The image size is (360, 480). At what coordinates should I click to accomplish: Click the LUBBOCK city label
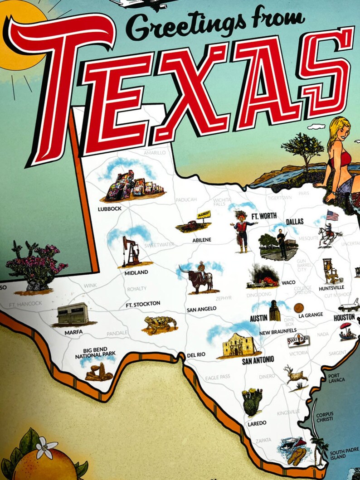(110, 209)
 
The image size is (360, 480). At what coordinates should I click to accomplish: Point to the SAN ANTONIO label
(258, 360)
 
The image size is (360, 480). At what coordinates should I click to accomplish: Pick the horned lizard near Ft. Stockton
(159, 325)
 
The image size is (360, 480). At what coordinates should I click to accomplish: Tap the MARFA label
(73, 332)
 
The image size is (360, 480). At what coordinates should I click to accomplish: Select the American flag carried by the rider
(332, 215)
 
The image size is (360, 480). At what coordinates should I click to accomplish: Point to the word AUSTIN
(258, 318)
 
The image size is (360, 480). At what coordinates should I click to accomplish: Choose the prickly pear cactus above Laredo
(252, 401)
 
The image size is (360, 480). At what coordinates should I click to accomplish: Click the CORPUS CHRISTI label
(325, 417)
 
